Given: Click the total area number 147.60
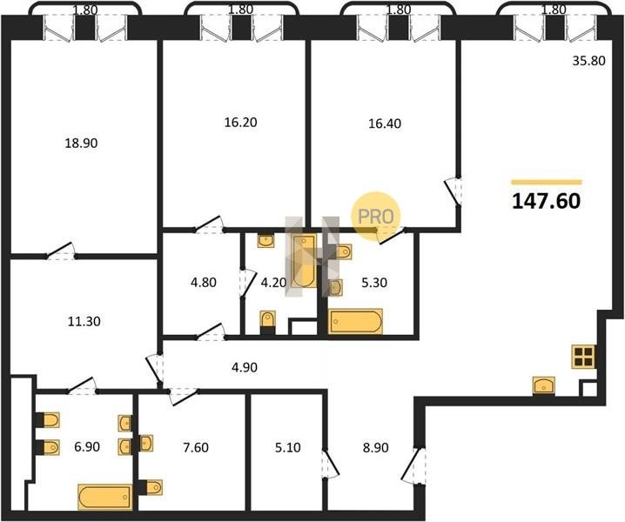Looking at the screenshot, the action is (x=546, y=201).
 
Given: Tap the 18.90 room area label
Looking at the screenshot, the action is (x=81, y=143).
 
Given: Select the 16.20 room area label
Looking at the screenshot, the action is (x=240, y=123).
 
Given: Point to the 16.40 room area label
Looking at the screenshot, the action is (x=385, y=124).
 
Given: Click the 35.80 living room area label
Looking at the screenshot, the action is (x=588, y=61).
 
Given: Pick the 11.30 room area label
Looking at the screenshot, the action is (x=84, y=321).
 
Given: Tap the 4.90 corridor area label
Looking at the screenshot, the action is (x=245, y=367).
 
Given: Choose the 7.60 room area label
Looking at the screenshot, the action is (x=196, y=447).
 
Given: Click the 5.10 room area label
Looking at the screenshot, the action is (x=288, y=447).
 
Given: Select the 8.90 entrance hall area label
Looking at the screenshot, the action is (x=375, y=447).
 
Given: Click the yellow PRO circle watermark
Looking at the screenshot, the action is (x=375, y=217).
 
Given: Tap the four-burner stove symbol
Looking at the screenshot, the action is (x=583, y=357).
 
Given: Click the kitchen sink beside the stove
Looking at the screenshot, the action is (x=544, y=385).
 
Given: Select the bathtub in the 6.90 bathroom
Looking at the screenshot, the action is (x=104, y=497).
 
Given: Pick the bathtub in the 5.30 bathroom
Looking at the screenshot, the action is (x=355, y=321).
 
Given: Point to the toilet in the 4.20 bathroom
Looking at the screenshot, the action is (x=268, y=322).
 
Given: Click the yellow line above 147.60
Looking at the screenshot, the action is (x=547, y=182).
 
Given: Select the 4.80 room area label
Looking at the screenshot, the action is (x=204, y=283).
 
